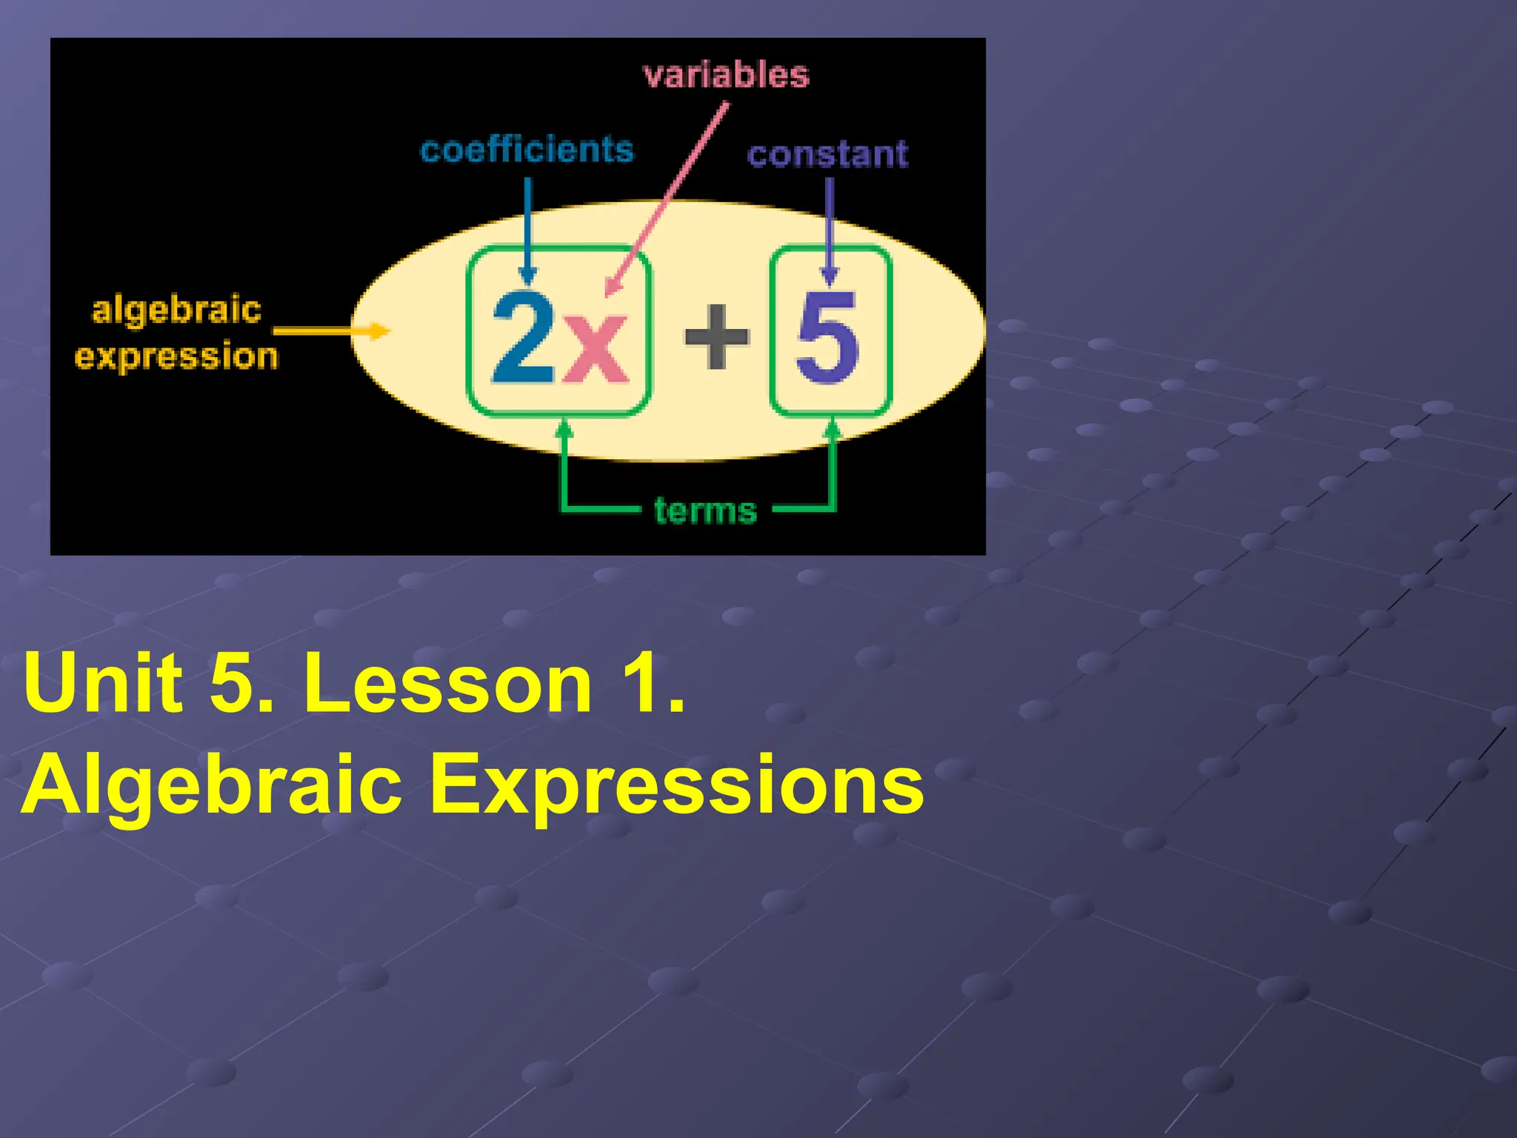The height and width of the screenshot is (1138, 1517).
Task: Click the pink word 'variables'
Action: coord(726,76)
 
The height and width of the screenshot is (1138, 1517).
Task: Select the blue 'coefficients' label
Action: coord(527,150)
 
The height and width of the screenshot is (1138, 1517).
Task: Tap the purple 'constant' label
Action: coord(827,154)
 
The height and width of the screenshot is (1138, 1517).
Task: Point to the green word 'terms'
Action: coord(705,511)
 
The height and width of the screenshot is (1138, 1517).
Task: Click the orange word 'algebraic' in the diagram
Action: coord(176,310)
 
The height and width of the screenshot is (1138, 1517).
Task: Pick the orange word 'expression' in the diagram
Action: coord(176,356)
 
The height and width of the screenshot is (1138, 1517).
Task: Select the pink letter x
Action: coord(595,347)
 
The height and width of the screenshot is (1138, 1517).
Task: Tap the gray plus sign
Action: coord(716,336)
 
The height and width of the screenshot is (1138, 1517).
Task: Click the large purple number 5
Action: coord(827,337)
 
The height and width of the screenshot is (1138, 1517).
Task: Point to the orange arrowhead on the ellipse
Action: coord(379,330)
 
